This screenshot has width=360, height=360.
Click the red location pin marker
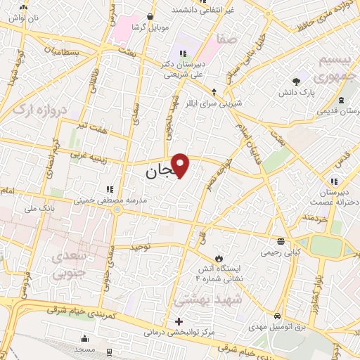click(181, 165)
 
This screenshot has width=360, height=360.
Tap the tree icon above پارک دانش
click(297, 81)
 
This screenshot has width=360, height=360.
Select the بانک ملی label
click(39, 208)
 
